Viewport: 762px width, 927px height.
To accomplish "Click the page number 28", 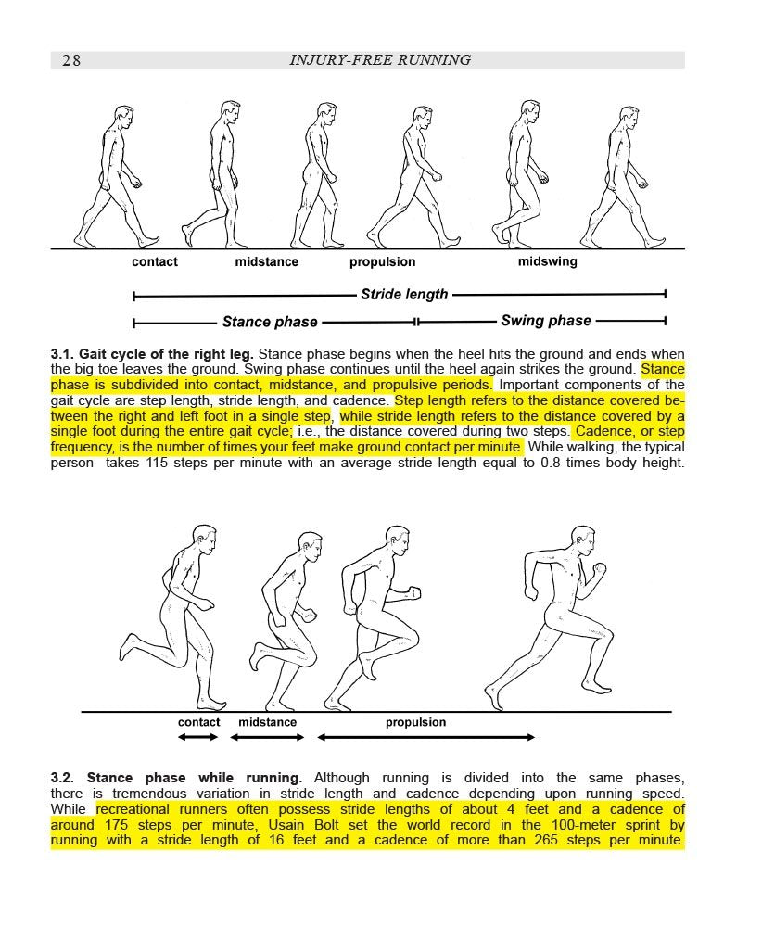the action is pos(71,60).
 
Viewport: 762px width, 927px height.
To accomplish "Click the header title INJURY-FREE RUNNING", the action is pos(380,60).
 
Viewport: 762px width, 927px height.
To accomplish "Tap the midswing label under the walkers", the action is pos(547,261).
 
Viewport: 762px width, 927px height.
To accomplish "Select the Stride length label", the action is pos(404,295).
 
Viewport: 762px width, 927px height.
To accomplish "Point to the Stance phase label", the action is pos(270,322).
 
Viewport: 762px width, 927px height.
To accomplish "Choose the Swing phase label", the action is pos(546,322).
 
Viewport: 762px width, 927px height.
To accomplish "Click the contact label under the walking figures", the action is pos(155,261).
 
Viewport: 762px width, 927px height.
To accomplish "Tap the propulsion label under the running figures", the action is pos(415,722).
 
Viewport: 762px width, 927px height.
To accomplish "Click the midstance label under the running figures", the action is pos(268,722).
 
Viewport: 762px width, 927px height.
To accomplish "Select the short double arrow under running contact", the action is pos(197,737).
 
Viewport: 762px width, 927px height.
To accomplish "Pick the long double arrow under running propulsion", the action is pos(426,737).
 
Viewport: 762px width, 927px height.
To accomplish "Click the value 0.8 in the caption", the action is pos(552,463).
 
